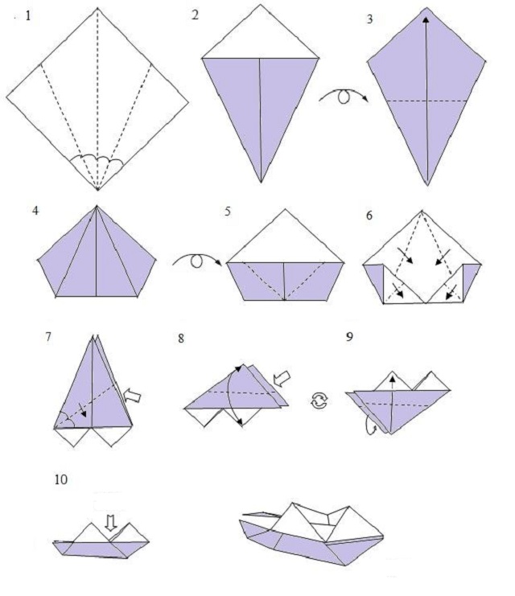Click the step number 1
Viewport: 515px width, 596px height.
tap(28, 16)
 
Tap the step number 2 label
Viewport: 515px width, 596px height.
tap(195, 15)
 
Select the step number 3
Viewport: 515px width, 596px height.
tap(369, 19)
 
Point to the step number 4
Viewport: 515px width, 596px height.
tap(35, 210)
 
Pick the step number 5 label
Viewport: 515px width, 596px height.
tap(228, 212)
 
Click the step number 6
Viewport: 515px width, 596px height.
tap(369, 216)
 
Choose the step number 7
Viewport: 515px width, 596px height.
tap(48, 337)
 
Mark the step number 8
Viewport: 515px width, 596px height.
tap(181, 339)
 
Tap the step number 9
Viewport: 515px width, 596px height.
tap(349, 337)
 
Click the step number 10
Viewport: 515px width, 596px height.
tap(61, 479)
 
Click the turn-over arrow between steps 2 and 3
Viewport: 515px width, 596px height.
tap(344, 95)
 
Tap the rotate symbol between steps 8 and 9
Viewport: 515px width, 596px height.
tap(319, 401)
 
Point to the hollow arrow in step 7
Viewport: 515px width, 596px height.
tap(133, 396)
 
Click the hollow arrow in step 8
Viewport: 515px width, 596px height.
tap(282, 379)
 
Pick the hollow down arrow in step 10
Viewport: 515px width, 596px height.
tap(111, 523)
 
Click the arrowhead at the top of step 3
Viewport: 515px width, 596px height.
tap(426, 20)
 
